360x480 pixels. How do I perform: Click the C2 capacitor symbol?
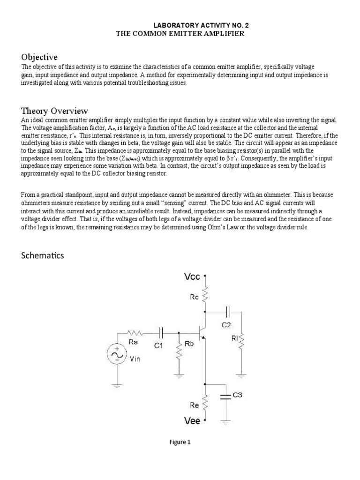click(228, 311)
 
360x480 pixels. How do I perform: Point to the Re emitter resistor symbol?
click(205, 398)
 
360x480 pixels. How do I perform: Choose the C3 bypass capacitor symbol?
click(226, 396)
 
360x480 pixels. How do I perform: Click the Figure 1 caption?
click(180, 442)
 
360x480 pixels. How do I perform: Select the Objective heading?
click(39, 57)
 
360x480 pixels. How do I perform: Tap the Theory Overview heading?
click(54, 111)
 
